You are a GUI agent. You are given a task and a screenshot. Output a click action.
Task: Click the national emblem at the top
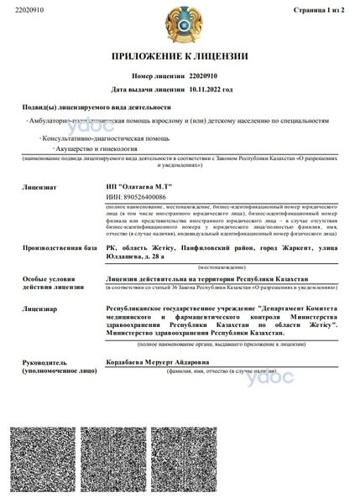pyautogui.click(x=180, y=23)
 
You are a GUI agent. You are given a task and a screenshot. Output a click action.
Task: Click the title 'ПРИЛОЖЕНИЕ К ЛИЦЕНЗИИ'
pyautogui.click(x=180, y=56)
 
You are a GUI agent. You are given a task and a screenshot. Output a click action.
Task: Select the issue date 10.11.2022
pyautogui.click(x=208, y=88)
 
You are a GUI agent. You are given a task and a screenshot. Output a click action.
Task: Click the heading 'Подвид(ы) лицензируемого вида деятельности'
pyautogui.click(x=94, y=108)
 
